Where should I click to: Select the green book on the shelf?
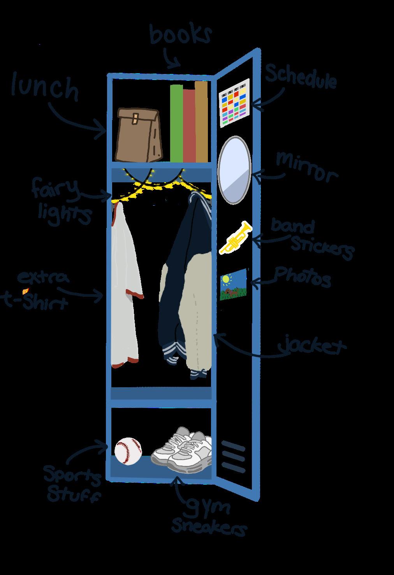(176, 125)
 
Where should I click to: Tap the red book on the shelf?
(189, 127)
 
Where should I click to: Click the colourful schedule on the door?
(234, 103)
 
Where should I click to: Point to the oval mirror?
(234, 170)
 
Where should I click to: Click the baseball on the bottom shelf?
(128, 451)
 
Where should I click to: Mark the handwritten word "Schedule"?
(301, 76)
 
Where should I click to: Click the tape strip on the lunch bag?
(135, 118)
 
